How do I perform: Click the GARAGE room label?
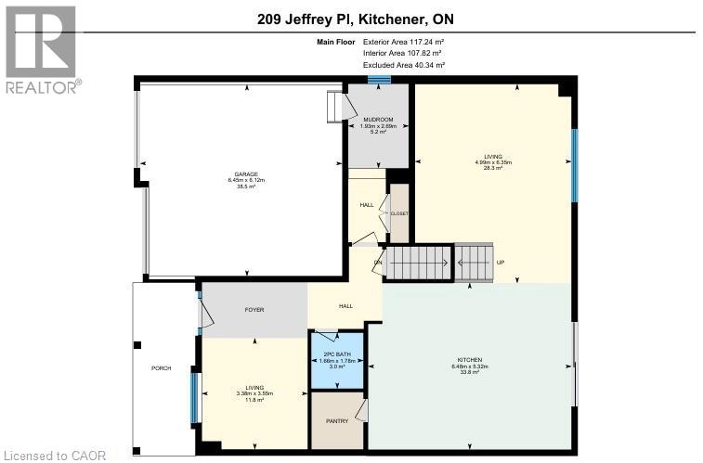tap(246, 174)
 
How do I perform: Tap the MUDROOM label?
tap(377, 120)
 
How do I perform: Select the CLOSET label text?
tap(399, 213)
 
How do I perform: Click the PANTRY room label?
tap(336, 420)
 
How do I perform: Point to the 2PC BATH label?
tap(338, 354)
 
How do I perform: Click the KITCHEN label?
tap(468, 359)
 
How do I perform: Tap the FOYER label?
tap(254, 308)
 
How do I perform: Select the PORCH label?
tap(162, 368)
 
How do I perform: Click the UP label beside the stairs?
tap(500, 262)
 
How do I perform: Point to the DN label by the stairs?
tap(378, 262)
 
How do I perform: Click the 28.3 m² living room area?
tap(493, 168)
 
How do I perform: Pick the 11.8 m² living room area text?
tap(254, 400)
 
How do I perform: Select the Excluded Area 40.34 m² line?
tap(403, 65)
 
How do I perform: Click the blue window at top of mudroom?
tap(378, 80)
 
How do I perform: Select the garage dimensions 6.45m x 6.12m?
tap(246, 180)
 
